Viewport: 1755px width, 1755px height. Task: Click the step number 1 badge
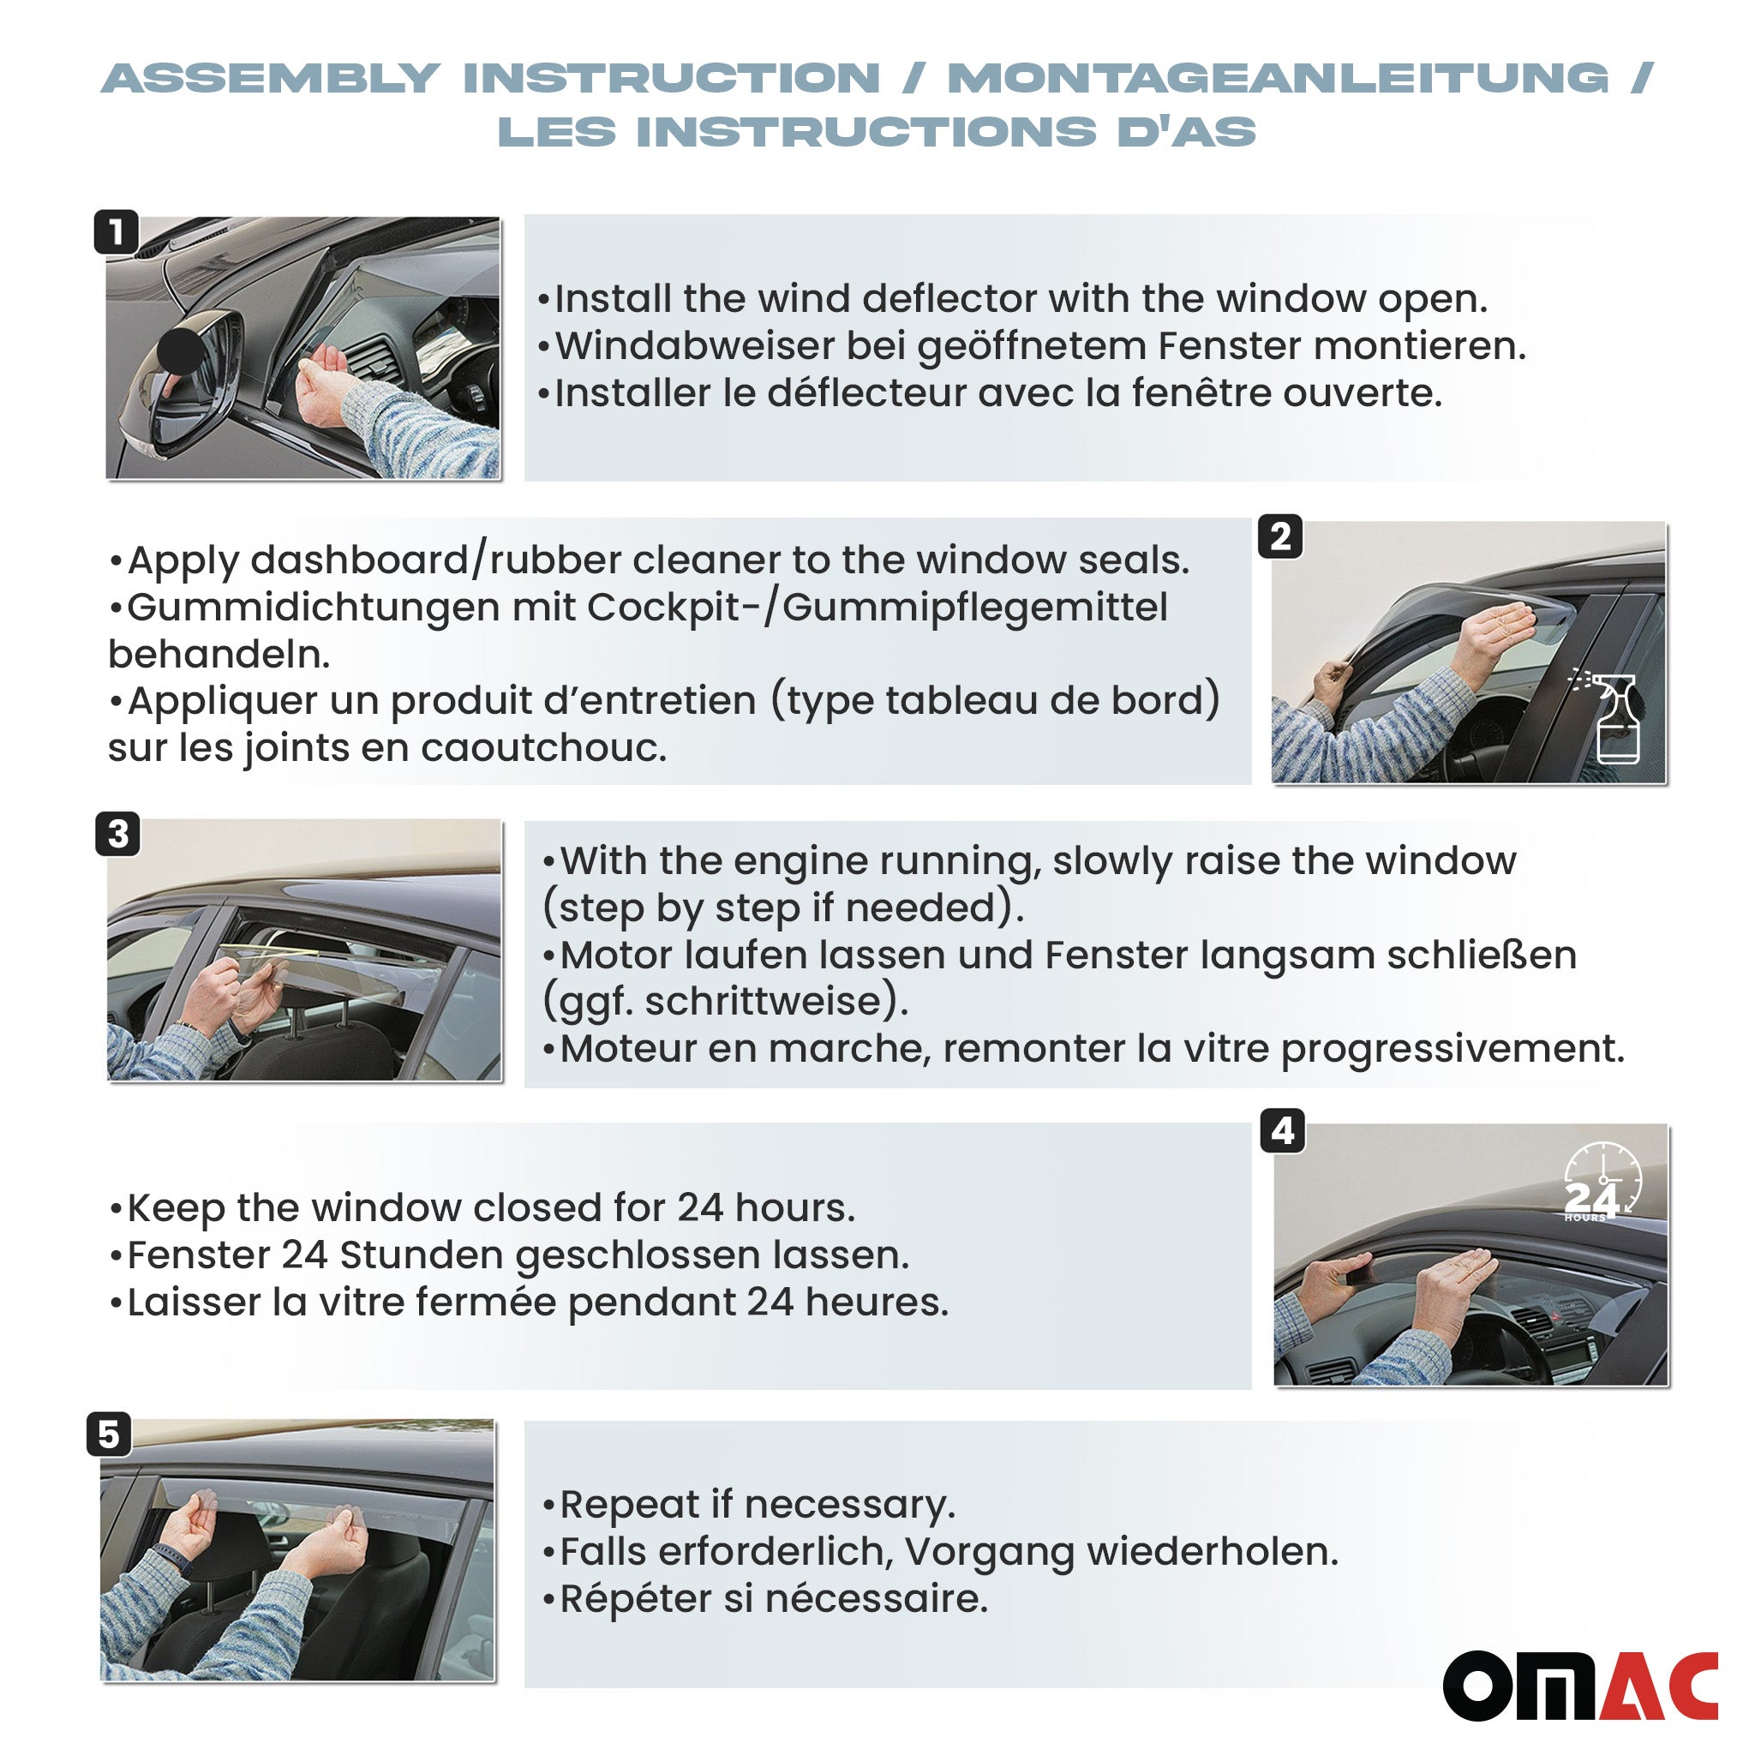coord(117,231)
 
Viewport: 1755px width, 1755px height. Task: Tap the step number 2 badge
coord(1280,536)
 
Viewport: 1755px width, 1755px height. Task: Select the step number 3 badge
coord(118,833)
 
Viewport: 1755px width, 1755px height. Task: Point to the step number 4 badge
coord(1283,1131)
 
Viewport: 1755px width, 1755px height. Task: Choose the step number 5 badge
coord(109,1435)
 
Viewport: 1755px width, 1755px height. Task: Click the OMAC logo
coord(1579,1685)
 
